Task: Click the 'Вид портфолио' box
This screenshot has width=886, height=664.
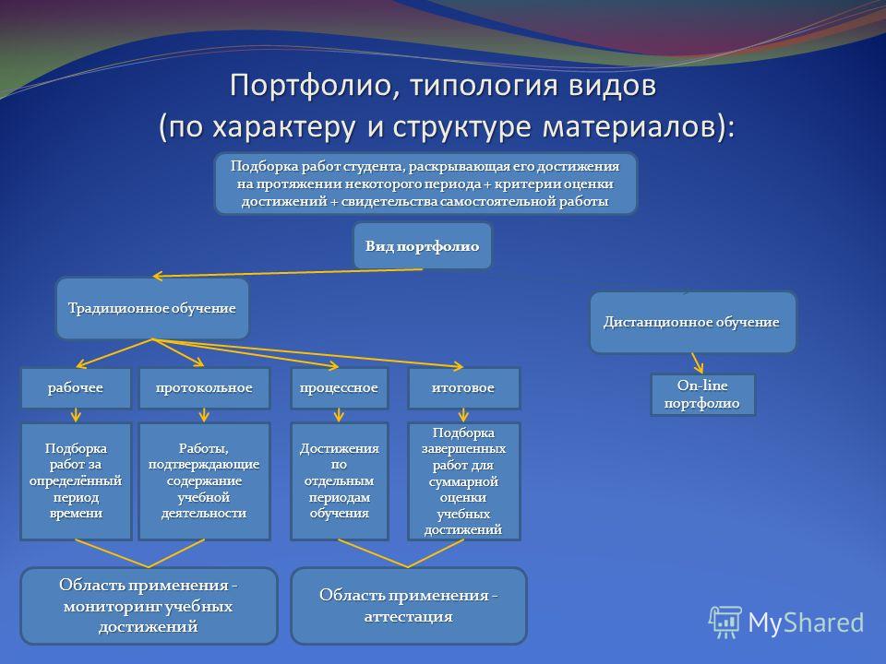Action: pos(423,245)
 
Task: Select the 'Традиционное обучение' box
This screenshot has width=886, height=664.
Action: pos(152,308)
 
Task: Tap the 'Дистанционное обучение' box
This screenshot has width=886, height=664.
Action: pos(693,322)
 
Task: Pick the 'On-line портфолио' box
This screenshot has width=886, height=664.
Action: pos(702,394)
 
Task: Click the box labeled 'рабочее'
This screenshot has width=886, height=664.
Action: pos(76,388)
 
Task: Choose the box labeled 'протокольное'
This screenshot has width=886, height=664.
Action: pos(204,388)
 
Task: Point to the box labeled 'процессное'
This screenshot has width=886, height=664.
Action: pos(339,388)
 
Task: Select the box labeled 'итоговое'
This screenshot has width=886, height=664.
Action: pos(463,388)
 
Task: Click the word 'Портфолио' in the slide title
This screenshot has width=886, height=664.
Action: pos(311,86)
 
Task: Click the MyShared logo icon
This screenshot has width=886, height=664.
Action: pos(725,622)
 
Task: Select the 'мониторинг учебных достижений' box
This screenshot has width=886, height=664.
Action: pos(149,606)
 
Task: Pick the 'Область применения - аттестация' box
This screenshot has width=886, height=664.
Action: pos(409,606)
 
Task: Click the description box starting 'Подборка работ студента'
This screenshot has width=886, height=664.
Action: pos(425,184)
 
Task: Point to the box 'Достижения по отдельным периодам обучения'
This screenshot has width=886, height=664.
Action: pos(339,481)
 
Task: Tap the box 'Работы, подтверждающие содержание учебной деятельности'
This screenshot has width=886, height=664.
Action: pos(204,481)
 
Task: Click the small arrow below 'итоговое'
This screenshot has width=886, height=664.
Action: pos(463,415)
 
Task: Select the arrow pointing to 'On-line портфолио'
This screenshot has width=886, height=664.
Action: pos(698,363)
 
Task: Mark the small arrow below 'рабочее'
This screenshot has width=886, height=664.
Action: pos(76,415)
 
